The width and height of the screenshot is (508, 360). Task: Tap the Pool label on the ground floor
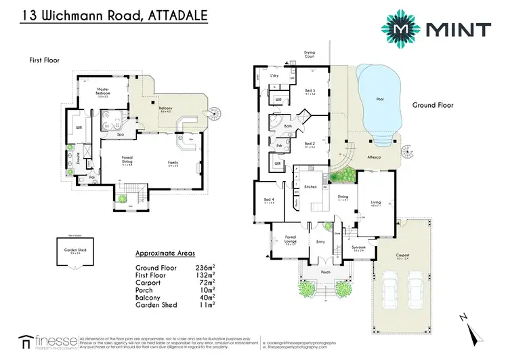[379, 100]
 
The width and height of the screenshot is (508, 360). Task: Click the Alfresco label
[374, 155]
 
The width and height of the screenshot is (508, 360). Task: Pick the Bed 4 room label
[268, 199]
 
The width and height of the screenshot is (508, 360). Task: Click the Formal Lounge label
[291, 241]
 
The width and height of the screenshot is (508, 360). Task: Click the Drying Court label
[329, 53]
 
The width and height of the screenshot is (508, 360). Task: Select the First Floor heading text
[44, 60]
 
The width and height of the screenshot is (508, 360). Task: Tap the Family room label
[173, 163]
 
